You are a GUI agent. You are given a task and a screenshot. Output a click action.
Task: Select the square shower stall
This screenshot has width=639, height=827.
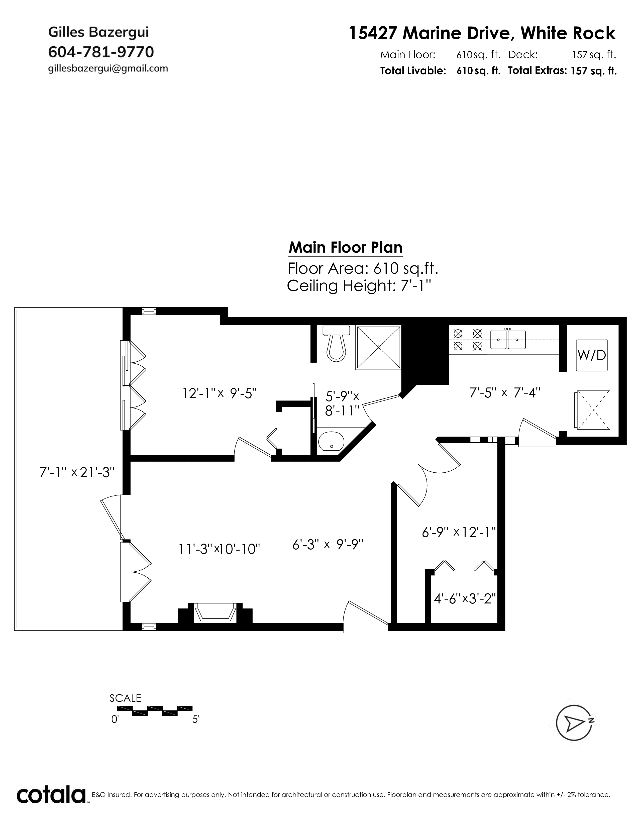378,347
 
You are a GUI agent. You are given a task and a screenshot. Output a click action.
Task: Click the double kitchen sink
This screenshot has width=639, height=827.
508,339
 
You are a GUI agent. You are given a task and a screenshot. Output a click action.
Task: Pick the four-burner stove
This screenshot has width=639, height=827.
468,340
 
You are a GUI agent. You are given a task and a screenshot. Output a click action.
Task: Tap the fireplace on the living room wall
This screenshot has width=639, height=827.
215,612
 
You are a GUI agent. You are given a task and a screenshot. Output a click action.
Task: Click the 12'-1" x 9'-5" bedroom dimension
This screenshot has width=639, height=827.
220,393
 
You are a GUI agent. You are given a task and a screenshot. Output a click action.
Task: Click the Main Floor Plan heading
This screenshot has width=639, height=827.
346,248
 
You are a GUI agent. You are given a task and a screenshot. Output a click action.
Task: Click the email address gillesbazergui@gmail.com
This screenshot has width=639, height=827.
108,68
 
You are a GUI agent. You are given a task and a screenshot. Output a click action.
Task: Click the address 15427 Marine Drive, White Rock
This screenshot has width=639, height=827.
482,33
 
